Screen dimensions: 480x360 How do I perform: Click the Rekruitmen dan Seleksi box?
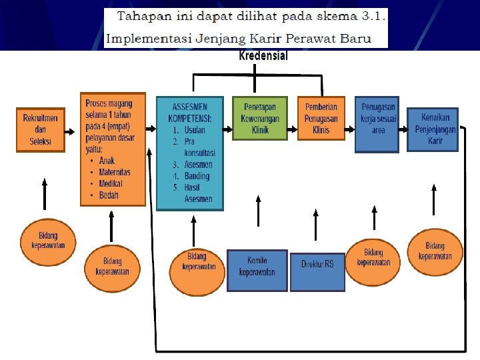pos(41,129)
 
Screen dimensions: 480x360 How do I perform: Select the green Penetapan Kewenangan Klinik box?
pos(260,118)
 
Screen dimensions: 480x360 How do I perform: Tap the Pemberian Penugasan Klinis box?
pos(321,118)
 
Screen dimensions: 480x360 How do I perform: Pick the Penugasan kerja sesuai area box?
pos(378,124)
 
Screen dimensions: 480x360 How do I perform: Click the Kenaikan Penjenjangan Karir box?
pos(433,129)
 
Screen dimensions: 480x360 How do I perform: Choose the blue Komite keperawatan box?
pos(257,270)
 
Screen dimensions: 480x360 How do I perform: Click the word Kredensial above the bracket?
pos(263,56)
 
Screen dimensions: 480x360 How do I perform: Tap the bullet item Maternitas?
pos(114,172)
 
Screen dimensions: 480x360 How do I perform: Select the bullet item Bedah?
pos(109,195)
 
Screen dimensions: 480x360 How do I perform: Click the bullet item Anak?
pos(107,161)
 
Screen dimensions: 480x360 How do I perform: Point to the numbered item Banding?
pos(196,176)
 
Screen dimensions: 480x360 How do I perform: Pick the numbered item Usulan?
pos(194,131)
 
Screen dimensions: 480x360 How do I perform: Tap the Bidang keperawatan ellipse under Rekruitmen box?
pos(48,240)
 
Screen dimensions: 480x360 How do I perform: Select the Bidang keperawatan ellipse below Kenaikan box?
pos(435,251)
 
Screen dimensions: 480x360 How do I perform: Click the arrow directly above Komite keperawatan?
pos(258,211)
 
